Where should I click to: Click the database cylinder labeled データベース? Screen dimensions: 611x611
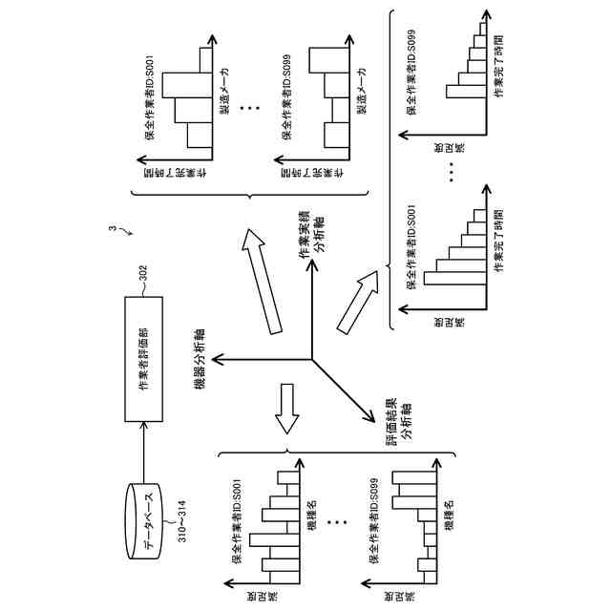coord(144,512)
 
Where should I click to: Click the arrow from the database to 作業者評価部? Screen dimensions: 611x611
coord(143,453)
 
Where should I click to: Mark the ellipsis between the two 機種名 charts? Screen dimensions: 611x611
coord(333,524)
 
